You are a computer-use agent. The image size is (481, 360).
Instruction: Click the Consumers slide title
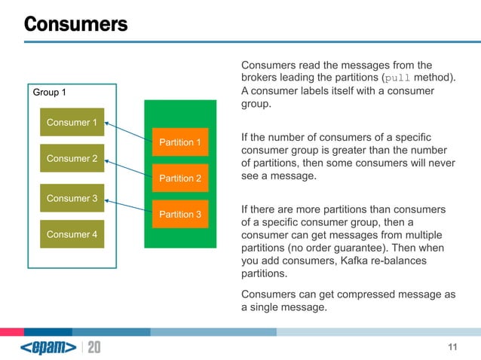tap(75, 24)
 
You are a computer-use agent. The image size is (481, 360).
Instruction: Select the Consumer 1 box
tap(72, 123)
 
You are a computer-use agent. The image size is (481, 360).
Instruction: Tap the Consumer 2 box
tap(72, 158)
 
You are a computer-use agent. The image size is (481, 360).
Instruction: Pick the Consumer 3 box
tap(72, 198)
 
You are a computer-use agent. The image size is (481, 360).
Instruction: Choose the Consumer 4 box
tap(72, 234)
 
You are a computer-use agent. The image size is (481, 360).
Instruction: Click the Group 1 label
tap(49, 93)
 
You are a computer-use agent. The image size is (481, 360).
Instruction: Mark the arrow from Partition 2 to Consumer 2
tap(128, 168)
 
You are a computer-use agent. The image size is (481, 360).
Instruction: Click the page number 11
tap(452, 346)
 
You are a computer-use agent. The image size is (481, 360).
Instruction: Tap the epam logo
tap(48, 347)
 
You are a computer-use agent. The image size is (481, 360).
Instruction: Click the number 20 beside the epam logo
tap(94, 347)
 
